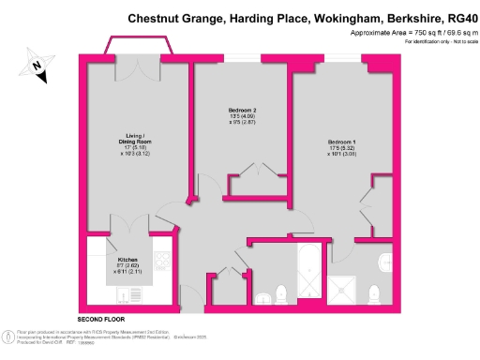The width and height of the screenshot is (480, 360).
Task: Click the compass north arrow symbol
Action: pos(36,66)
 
